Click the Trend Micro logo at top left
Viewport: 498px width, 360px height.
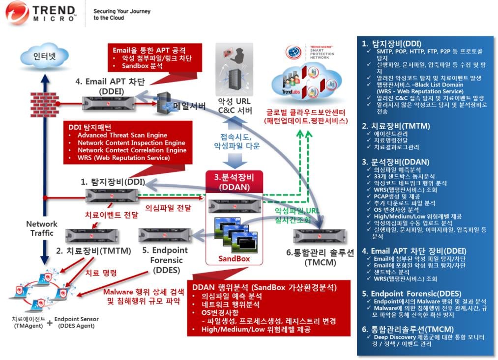point(41,13)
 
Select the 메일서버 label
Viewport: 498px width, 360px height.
point(189,106)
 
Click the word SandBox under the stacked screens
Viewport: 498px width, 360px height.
point(234,258)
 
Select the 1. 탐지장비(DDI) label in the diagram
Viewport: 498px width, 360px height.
point(113,181)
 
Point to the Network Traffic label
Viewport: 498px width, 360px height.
point(42,228)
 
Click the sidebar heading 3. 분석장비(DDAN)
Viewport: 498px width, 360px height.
point(396,162)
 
